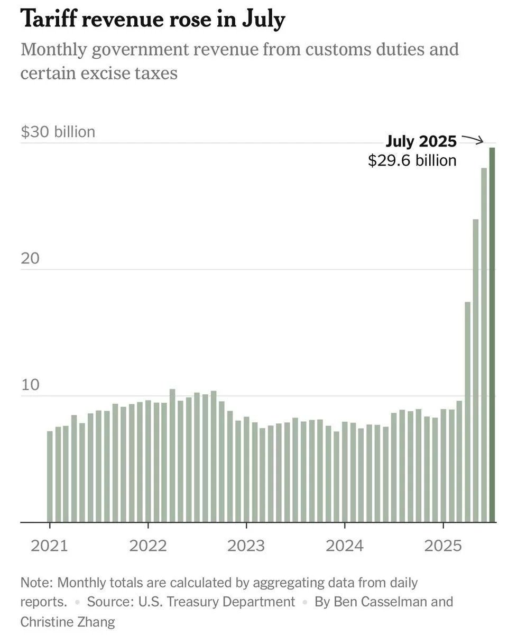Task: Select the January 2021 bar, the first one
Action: click(50, 476)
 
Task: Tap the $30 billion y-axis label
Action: click(58, 132)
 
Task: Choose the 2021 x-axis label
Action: click(49, 546)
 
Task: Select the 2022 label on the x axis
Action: click(148, 546)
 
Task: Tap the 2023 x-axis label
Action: click(246, 546)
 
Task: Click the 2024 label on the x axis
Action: click(345, 546)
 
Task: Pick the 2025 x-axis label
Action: click(443, 546)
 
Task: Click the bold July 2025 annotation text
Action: click(421, 141)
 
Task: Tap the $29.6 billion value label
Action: click(412, 160)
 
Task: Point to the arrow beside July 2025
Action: click(473, 140)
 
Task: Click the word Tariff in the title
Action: click(47, 20)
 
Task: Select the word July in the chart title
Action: click(265, 20)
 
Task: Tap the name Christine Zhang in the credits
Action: click(68, 621)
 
